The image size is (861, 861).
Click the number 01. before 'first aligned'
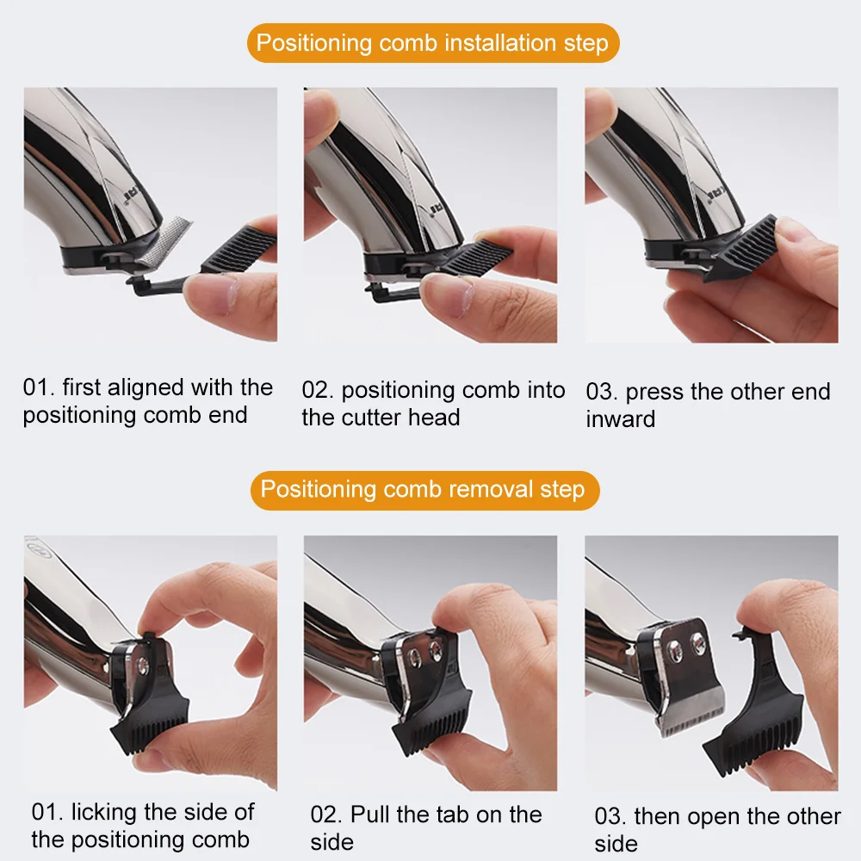pyautogui.click(x=39, y=387)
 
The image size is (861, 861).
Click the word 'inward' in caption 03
pyautogui.click(x=621, y=419)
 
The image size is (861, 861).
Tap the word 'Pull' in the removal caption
pyautogui.click(x=369, y=815)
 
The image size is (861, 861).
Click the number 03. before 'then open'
pyautogui.click(x=610, y=817)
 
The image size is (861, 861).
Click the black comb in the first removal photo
pyautogui.click(x=149, y=709)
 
